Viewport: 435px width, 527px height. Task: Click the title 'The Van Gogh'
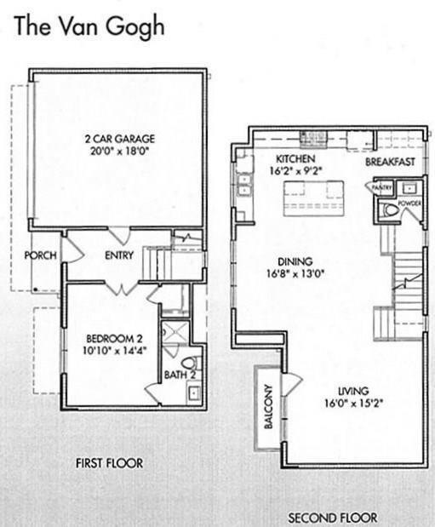(89, 27)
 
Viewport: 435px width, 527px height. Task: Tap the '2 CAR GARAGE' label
(120, 139)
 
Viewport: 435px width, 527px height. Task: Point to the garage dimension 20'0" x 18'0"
(120, 152)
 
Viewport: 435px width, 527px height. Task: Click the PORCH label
(40, 255)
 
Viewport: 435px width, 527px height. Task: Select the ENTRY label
(119, 255)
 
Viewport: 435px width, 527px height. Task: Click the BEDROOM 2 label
(115, 338)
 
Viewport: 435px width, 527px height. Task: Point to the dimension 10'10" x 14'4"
(115, 351)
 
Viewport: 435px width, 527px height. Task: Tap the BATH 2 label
(180, 375)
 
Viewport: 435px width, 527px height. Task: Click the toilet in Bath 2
(191, 363)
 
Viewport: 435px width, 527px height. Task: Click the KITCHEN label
(295, 158)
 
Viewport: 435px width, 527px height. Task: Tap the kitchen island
(313, 198)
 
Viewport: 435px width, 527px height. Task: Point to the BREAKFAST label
(390, 162)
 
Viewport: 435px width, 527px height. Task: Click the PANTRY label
(382, 186)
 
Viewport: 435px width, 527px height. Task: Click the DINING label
(295, 261)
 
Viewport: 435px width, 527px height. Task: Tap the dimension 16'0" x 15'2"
(354, 403)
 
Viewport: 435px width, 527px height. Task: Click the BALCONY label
(268, 407)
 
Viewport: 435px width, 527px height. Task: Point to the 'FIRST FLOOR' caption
(109, 463)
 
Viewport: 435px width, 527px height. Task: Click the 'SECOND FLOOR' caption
(333, 518)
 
